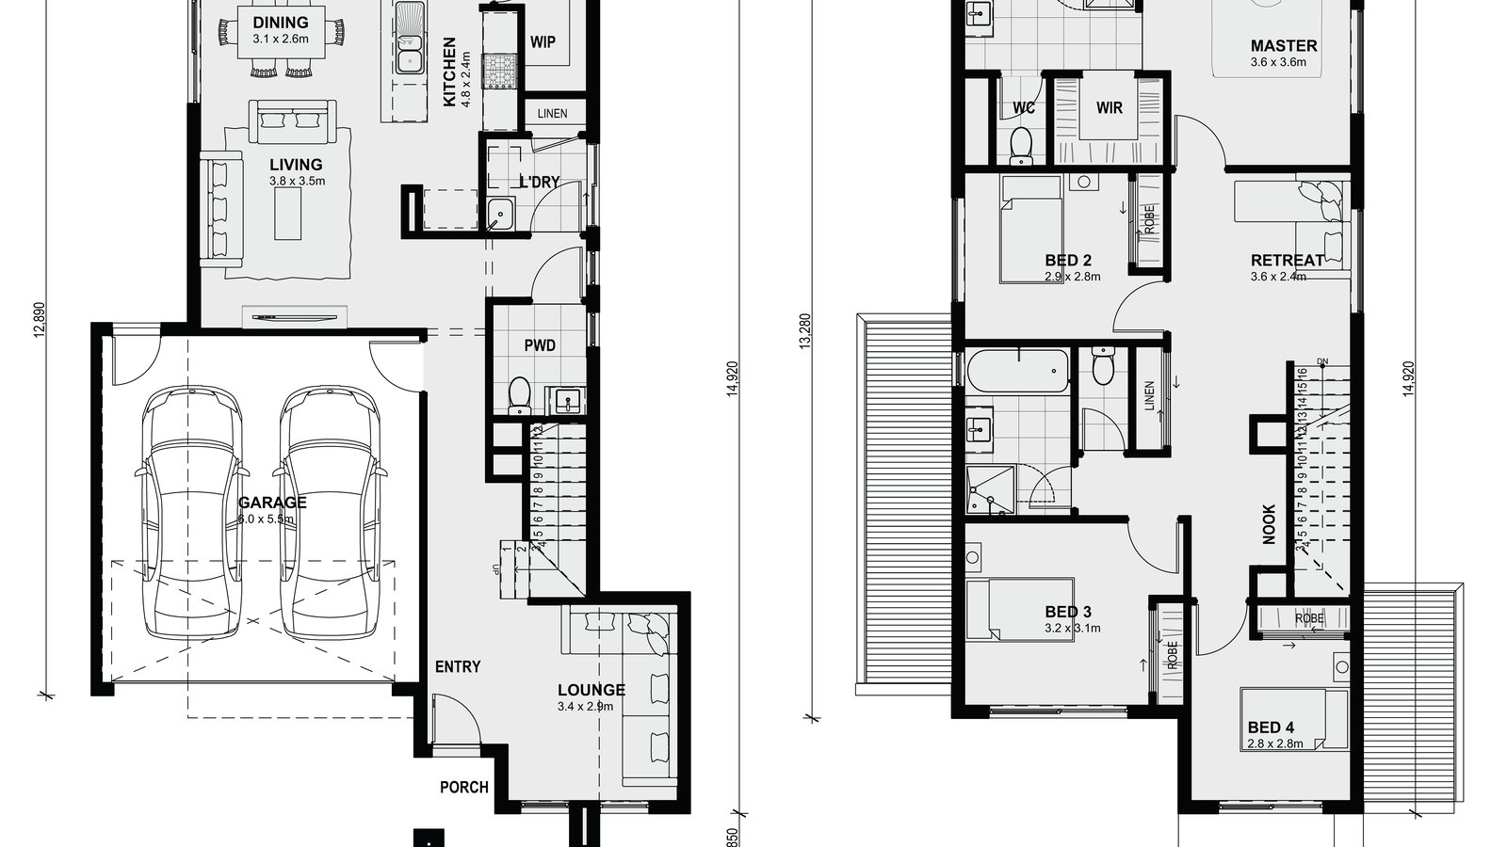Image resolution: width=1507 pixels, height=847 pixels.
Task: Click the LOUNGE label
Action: tap(591, 690)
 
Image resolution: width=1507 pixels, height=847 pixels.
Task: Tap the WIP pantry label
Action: tap(543, 41)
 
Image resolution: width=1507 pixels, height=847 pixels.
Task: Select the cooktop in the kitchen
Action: tap(499, 72)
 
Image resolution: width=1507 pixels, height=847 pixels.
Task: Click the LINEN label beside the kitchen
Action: tap(552, 114)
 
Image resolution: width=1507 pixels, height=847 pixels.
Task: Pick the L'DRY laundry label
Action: tap(539, 182)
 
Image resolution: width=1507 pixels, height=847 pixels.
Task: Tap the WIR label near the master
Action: tap(1110, 107)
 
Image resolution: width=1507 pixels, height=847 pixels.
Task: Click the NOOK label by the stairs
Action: tap(1269, 524)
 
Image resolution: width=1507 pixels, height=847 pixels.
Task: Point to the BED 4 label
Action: tap(1271, 727)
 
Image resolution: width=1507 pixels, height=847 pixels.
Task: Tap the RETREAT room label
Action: tap(1288, 261)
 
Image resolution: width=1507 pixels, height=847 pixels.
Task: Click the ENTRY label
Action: tap(458, 666)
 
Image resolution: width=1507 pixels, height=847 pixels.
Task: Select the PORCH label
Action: tap(463, 787)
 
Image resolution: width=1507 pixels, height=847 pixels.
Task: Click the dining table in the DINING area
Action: tap(281, 40)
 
